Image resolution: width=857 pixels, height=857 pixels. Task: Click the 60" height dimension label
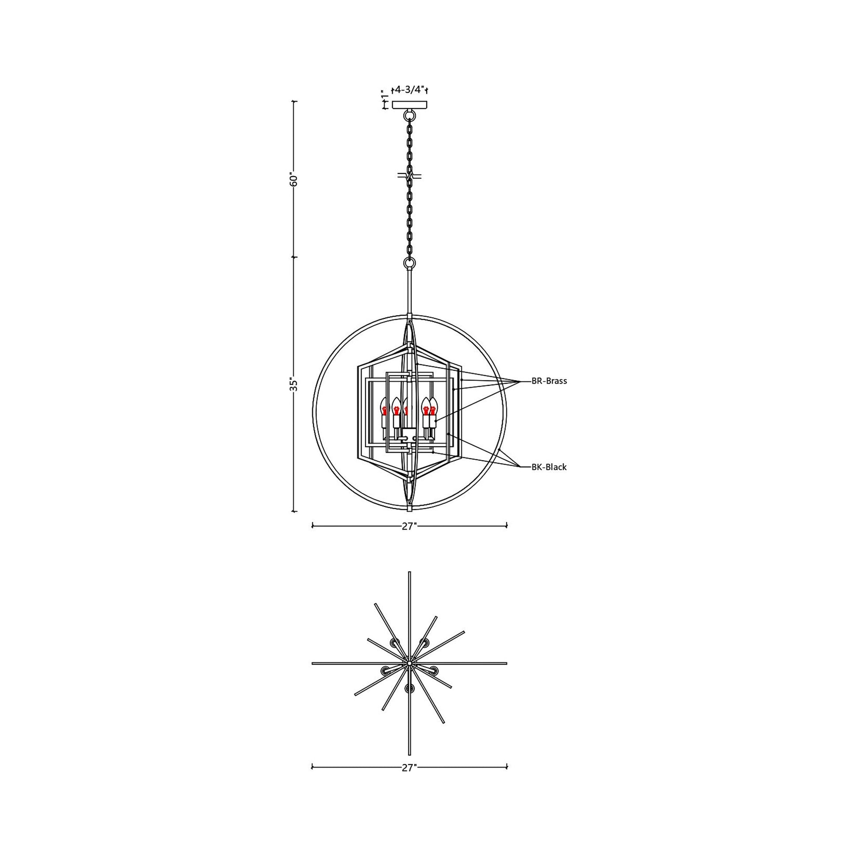pyautogui.click(x=293, y=179)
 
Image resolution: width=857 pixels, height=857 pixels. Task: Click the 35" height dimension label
pyautogui.click(x=293, y=384)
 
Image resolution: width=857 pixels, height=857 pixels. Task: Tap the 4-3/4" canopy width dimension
pyautogui.click(x=410, y=90)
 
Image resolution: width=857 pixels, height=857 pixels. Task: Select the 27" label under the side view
pyautogui.click(x=409, y=527)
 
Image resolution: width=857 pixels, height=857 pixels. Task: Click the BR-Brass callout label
pyautogui.click(x=549, y=381)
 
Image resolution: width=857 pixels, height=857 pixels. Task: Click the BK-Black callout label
pyautogui.click(x=549, y=467)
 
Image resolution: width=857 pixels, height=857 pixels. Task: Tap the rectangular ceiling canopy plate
pyautogui.click(x=410, y=105)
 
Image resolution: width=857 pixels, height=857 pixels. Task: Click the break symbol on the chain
pyautogui.click(x=410, y=176)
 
